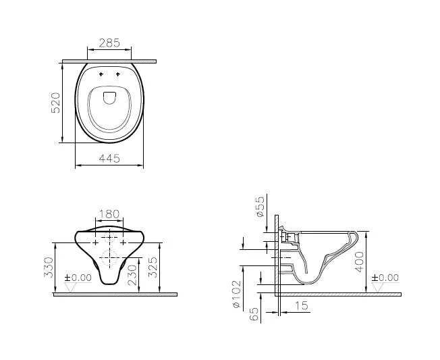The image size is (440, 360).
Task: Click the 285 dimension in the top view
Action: click(x=109, y=43)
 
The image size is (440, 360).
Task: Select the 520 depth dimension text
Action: click(x=57, y=102)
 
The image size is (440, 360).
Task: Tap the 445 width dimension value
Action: click(x=109, y=158)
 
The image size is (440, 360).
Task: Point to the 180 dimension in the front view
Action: click(x=109, y=214)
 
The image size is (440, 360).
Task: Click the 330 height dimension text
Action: click(x=48, y=267)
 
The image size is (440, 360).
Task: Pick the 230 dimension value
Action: click(x=132, y=272)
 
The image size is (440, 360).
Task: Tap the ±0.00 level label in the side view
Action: click(x=385, y=278)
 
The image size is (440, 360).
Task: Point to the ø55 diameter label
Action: click(x=260, y=207)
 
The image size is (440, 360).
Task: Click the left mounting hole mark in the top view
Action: click(x=101, y=73)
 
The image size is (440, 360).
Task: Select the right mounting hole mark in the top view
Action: click(x=117, y=73)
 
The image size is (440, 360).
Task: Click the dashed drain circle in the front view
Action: click(x=109, y=256)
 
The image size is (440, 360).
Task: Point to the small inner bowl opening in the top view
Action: click(x=109, y=98)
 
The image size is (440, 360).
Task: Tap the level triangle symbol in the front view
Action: click(x=70, y=287)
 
